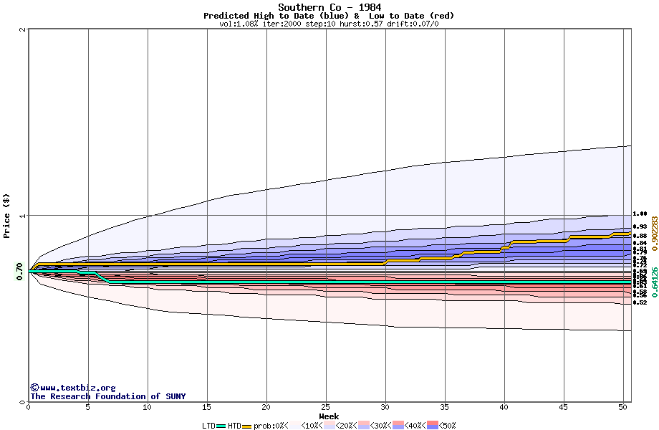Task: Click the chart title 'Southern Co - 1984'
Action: pos(329,7)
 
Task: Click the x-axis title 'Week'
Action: pos(329,416)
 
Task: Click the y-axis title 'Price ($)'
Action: pos(6,216)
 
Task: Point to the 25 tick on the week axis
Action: pos(326,407)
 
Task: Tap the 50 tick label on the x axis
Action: pos(623,407)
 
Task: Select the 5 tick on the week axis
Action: pos(88,407)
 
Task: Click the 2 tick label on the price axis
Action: pos(23,29)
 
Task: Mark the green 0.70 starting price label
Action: pos(19,269)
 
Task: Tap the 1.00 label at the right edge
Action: pos(640,214)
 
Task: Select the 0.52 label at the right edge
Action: pos(640,302)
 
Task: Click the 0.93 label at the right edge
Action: pos(640,226)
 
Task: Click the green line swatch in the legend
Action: pos(221,426)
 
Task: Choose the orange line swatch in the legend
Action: pos(248,426)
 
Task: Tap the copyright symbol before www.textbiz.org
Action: pos(34,387)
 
